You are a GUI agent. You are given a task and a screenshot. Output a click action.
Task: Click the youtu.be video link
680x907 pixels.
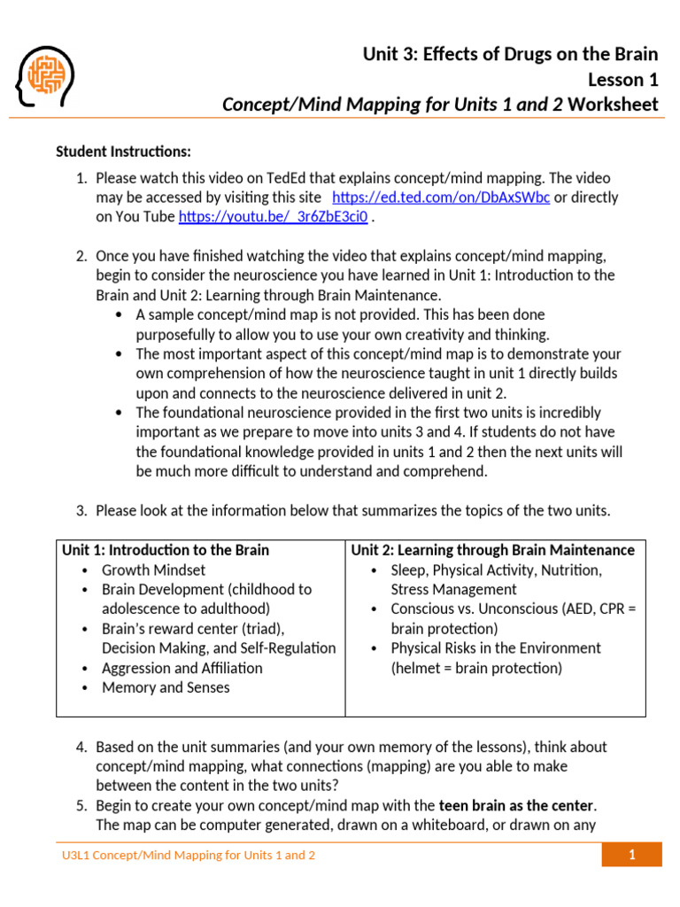point(273,217)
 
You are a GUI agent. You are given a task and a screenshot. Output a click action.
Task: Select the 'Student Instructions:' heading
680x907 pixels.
point(123,151)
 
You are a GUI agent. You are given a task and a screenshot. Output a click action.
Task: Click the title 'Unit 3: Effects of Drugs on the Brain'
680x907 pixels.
point(510,55)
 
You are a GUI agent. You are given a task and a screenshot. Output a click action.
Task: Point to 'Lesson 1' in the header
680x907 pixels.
point(623,80)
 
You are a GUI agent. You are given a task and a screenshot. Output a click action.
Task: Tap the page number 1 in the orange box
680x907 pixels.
point(632,855)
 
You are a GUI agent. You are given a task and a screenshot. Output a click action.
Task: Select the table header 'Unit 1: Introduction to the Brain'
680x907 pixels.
point(166,550)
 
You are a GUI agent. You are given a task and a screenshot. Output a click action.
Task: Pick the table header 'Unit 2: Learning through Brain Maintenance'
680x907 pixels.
point(493,550)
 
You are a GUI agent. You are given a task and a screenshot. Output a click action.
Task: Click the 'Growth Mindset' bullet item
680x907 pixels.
point(153,570)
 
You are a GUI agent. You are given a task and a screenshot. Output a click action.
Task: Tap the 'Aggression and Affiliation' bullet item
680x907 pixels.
point(182,668)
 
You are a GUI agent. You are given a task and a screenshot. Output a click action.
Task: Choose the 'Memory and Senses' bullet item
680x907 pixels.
point(166,687)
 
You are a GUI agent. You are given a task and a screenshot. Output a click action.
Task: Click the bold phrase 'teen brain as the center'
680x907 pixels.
point(517,806)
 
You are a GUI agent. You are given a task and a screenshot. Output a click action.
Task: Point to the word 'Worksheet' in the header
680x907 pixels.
point(613,105)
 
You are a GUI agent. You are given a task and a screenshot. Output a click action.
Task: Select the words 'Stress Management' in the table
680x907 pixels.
point(454,589)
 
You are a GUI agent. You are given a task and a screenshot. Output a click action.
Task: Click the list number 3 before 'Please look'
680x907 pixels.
point(81,511)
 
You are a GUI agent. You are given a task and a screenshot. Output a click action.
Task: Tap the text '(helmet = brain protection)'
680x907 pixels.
point(476,668)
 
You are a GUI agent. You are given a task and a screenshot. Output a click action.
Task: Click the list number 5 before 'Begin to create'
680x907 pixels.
point(81,806)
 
